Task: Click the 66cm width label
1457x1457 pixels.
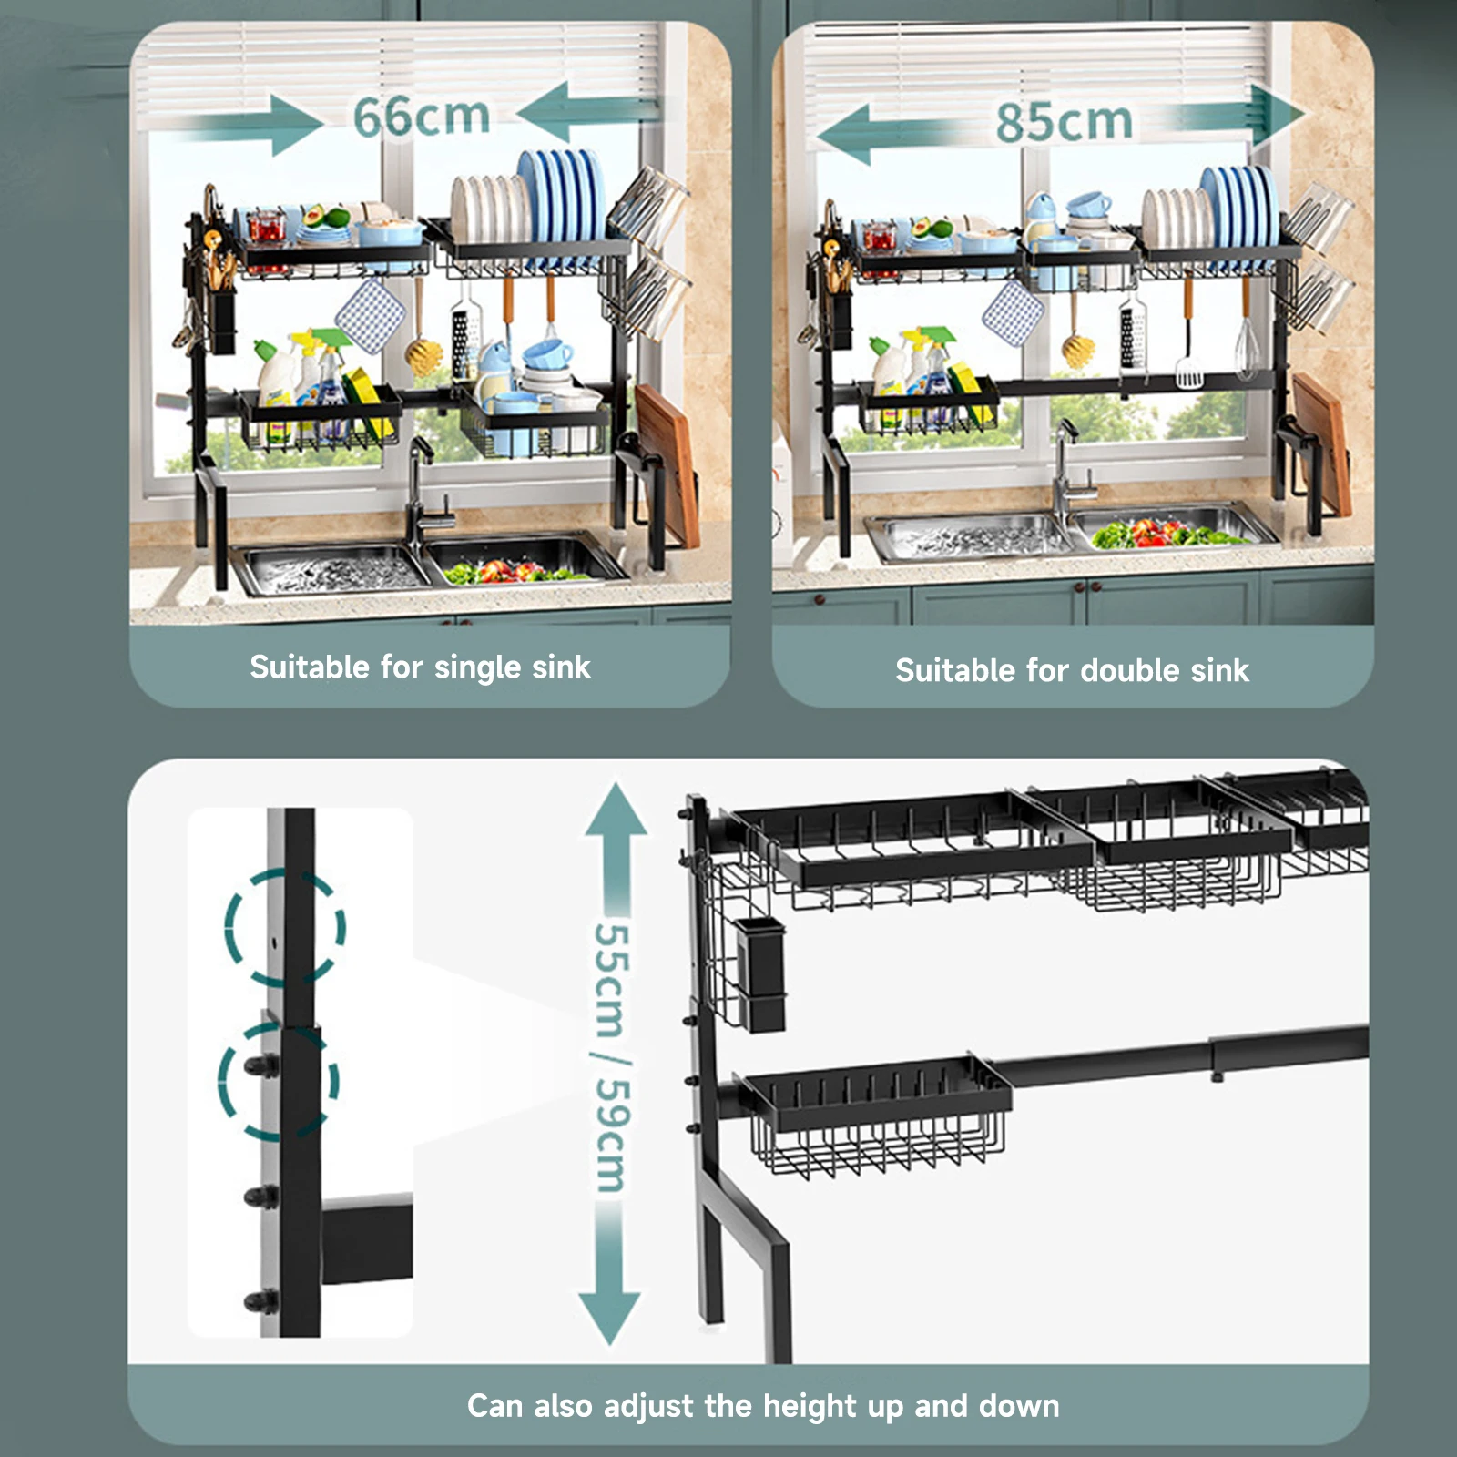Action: pyautogui.click(x=422, y=117)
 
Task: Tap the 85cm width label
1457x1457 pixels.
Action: pyautogui.click(x=1064, y=121)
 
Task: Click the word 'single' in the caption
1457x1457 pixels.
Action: pyautogui.click(x=466, y=668)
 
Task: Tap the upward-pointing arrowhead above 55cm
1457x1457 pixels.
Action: pyautogui.click(x=616, y=808)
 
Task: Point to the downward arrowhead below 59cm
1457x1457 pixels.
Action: pyautogui.click(x=610, y=1319)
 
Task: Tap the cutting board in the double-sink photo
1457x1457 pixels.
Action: pyautogui.click(x=1322, y=444)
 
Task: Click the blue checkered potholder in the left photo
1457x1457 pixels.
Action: pyautogui.click(x=370, y=315)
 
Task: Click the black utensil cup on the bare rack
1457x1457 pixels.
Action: pyautogui.click(x=759, y=973)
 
